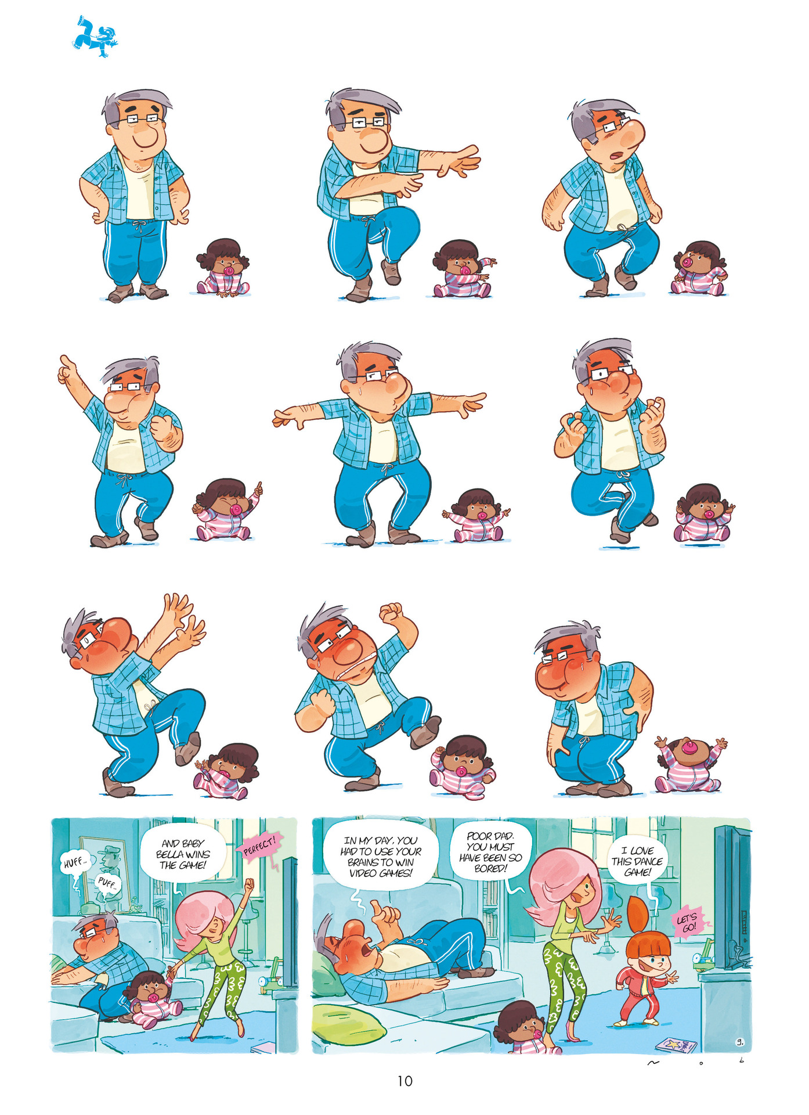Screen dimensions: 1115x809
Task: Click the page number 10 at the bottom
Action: pyautogui.click(x=404, y=1081)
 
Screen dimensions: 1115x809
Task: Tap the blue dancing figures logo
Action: pyautogui.click(x=95, y=37)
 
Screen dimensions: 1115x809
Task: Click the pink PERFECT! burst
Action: pyautogui.click(x=259, y=844)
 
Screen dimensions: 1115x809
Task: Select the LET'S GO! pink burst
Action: pyautogui.click(x=688, y=923)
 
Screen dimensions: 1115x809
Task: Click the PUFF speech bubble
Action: pyautogui.click(x=108, y=884)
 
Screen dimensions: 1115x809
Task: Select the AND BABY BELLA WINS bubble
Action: pyautogui.click(x=183, y=854)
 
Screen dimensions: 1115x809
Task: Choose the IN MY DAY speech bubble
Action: pyautogui.click(x=380, y=857)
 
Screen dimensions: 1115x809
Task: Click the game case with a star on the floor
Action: pyautogui.click(x=676, y=1044)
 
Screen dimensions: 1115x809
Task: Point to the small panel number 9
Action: pyautogui.click(x=740, y=1042)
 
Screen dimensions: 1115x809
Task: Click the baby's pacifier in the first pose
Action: pyautogui.click(x=229, y=271)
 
